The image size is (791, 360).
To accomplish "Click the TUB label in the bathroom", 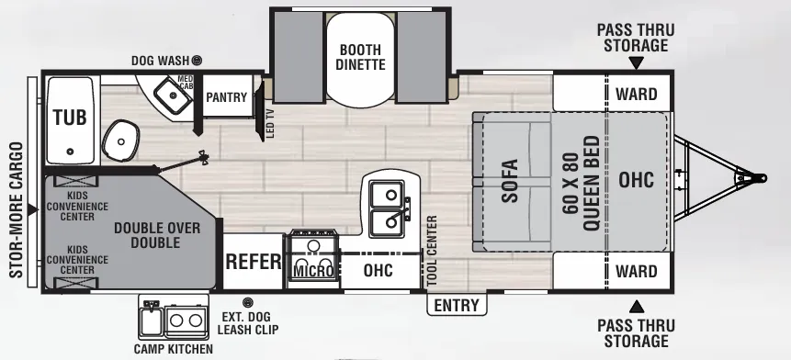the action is (70, 118).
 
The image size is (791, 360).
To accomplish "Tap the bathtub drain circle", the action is (70, 152).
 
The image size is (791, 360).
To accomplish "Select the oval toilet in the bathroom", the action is (121, 141).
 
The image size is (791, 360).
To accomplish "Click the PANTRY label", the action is (227, 97).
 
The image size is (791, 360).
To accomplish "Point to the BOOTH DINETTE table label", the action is (360, 57).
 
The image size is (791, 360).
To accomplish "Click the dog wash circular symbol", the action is (197, 61).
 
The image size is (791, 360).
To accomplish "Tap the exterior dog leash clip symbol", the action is (248, 302).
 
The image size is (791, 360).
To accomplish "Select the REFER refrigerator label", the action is (254, 262).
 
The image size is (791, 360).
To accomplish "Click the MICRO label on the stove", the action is (313, 271).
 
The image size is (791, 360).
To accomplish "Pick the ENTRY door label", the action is (457, 306).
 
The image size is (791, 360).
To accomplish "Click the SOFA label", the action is (510, 181).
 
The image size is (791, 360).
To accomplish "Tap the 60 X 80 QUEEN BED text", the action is (582, 183).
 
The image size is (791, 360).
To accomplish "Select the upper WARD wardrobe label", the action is (637, 95).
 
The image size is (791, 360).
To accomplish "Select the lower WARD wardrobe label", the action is (637, 271).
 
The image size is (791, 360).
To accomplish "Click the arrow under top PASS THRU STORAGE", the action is (637, 62).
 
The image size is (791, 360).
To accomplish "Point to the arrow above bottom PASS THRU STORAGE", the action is (637, 306).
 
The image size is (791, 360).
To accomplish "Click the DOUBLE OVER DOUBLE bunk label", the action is (157, 235).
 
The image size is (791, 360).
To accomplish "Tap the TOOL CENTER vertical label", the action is (432, 251).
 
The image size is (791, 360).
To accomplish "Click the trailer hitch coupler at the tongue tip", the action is (755, 178).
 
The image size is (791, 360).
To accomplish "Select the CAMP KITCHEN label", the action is (173, 349).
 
